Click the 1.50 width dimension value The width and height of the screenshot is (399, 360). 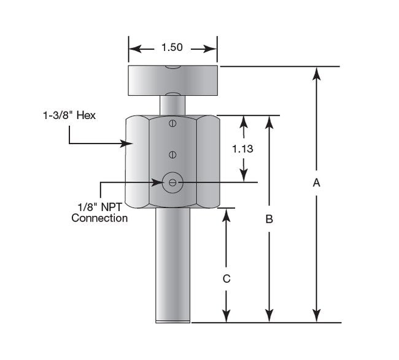coord(172,48)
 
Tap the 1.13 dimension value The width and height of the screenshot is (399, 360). coord(244,148)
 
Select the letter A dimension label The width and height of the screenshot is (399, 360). coord(316,182)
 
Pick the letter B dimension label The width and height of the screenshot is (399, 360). coord(268,219)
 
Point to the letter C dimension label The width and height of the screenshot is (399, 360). coord(227,278)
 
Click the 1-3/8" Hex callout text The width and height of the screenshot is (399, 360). coord(69,114)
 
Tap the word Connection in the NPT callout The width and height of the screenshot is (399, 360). coord(99,218)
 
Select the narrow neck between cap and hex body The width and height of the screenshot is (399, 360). coord(172,104)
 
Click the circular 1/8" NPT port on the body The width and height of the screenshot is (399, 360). coord(172,182)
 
